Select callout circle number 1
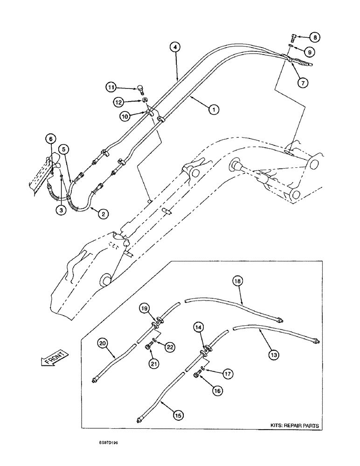213,110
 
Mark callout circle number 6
50,138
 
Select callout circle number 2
103,214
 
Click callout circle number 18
237,281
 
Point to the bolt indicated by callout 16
196,376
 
